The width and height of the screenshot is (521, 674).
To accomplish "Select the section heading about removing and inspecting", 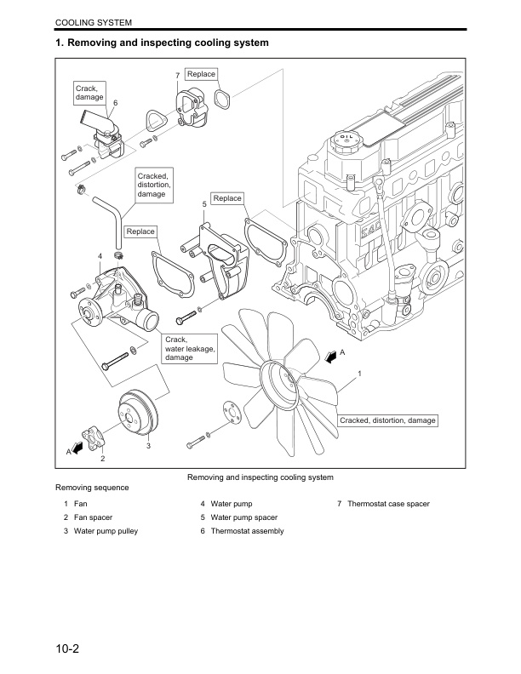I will pyautogui.click(x=162, y=42).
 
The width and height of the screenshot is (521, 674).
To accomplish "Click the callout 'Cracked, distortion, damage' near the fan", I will pyautogui.click(x=387, y=420).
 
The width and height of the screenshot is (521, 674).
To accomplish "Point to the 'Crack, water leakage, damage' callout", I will pyautogui.click(x=190, y=348).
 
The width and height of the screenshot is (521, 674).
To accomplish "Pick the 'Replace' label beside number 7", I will pyautogui.click(x=201, y=75).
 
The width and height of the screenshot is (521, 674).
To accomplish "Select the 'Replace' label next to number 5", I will pyautogui.click(x=227, y=198).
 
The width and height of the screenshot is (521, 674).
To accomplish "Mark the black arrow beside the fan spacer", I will pyautogui.click(x=80, y=446).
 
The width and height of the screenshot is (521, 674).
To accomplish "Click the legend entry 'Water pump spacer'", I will pyautogui.click(x=238, y=517).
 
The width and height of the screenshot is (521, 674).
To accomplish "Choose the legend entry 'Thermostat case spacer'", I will pyautogui.click(x=382, y=504).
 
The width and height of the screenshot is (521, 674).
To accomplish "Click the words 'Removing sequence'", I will pyautogui.click(x=92, y=488).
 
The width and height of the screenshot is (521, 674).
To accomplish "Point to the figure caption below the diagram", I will pyautogui.click(x=260, y=477).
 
